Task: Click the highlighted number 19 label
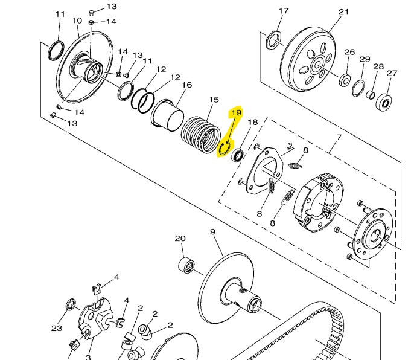(237, 113)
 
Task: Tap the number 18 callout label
(252, 122)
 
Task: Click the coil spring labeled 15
(201, 134)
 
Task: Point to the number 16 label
(187, 85)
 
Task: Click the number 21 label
(343, 12)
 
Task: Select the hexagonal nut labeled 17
(273, 40)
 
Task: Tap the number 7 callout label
(339, 137)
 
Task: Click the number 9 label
(212, 232)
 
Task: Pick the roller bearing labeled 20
(186, 265)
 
